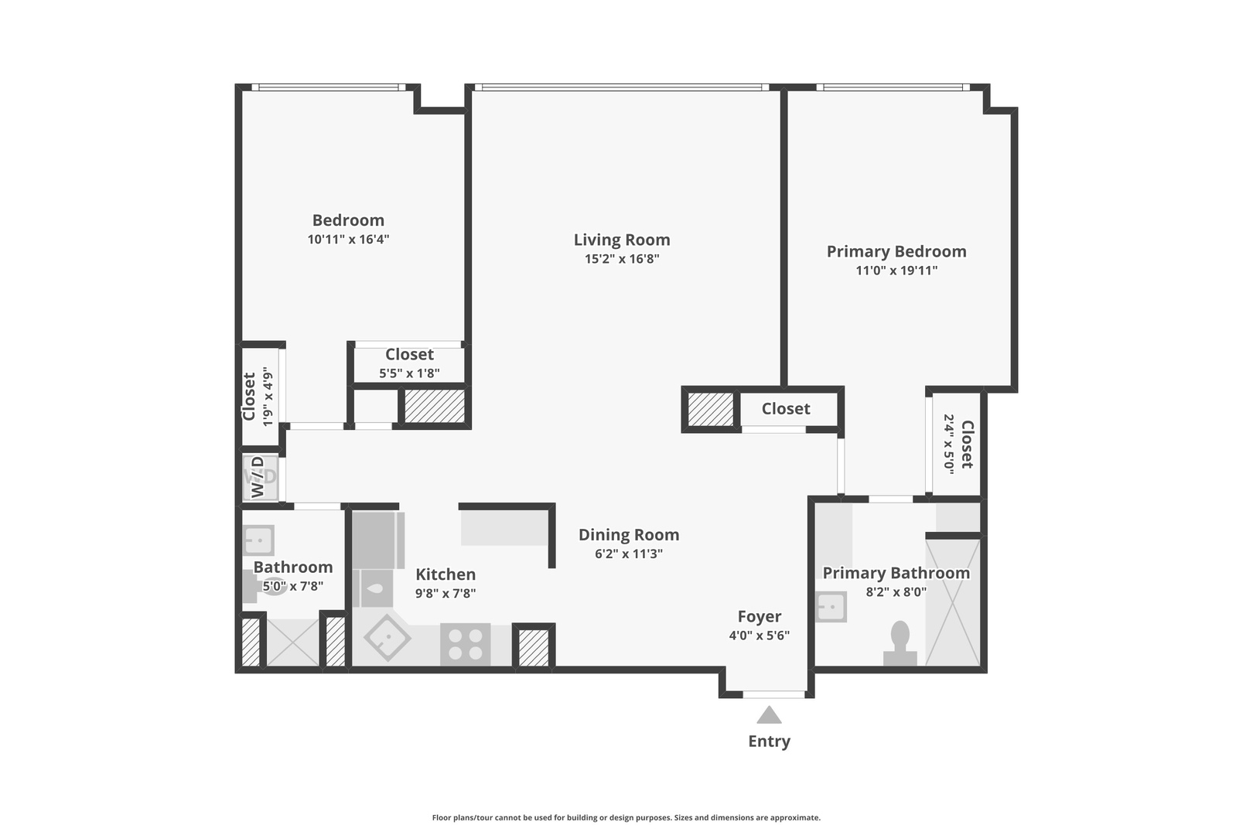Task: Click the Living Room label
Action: click(622, 240)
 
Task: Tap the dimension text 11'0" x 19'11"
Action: click(896, 271)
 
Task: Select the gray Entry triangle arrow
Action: click(769, 715)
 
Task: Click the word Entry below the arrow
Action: click(769, 741)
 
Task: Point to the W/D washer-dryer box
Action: click(260, 477)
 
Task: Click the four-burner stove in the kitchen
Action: click(465, 644)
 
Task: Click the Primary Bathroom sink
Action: click(831, 607)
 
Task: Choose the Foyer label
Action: click(759, 616)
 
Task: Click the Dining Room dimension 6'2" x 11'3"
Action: click(629, 554)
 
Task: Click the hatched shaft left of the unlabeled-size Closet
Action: click(710, 409)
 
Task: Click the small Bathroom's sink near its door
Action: click(258, 540)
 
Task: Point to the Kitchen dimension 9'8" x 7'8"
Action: click(445, 594)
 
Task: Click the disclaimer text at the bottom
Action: click(626, 817)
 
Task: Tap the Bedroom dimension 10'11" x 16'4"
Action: click(348, 240)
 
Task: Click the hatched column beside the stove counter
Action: click(533, 647)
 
